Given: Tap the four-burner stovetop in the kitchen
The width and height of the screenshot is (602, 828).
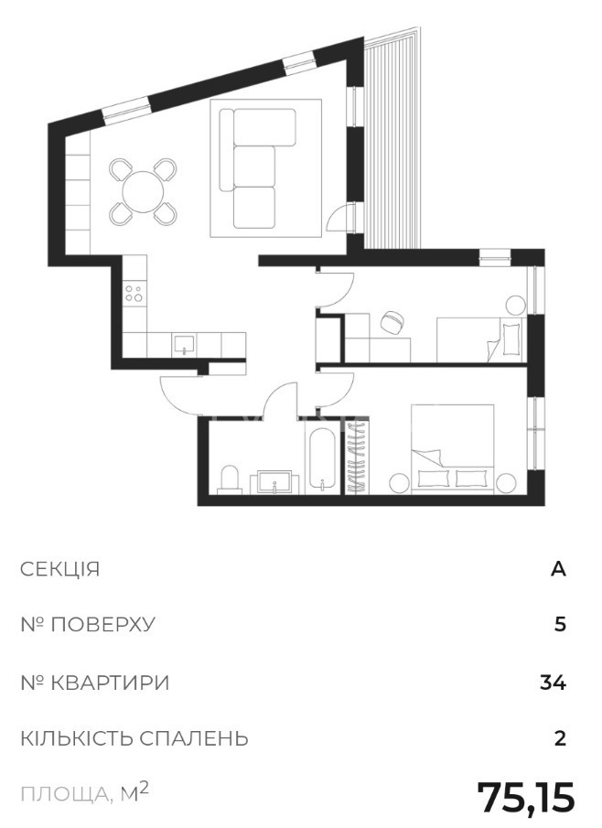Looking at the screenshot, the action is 134,293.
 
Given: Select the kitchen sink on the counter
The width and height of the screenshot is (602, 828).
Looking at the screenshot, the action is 183,344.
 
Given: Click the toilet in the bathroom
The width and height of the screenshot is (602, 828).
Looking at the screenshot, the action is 229,479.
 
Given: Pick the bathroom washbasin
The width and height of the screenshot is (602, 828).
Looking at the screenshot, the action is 274,481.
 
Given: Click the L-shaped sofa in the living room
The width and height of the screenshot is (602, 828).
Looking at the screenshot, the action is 258,168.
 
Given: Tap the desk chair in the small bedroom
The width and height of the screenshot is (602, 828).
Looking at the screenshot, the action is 392,322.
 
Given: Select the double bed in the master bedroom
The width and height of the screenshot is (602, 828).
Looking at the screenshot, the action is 453,449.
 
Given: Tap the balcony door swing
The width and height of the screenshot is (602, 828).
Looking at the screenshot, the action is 339,218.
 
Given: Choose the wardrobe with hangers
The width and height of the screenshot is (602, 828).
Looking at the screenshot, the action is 357,457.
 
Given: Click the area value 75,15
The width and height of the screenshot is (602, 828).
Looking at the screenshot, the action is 525,798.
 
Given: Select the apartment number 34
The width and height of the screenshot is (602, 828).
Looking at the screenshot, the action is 553,683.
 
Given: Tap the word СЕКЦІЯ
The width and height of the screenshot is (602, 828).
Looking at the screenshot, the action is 59,569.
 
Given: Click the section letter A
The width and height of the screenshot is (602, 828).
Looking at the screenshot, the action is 558,569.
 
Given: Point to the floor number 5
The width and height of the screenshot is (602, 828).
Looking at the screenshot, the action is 560,625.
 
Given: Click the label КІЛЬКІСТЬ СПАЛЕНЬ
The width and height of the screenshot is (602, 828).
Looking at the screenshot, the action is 134,738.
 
